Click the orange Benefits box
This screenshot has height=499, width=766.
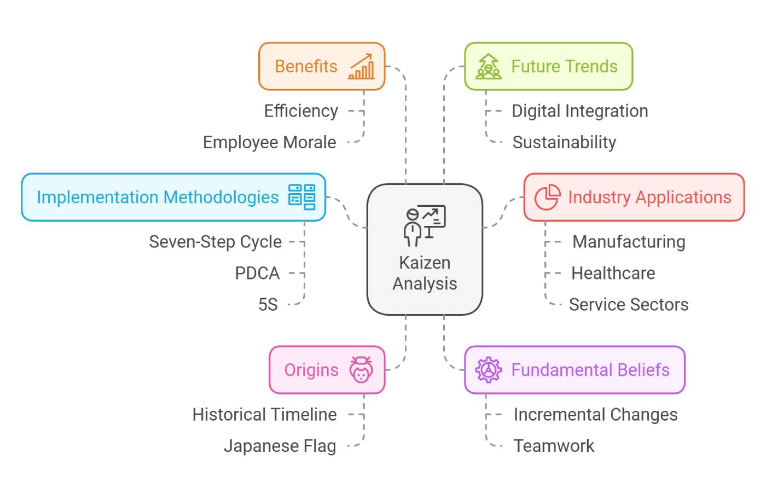(x=322, y=66)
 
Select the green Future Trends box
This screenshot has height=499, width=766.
(x=548, y=66)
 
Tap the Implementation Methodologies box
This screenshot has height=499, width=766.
(x=173, y=197)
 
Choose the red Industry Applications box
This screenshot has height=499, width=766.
(x=634, y=197)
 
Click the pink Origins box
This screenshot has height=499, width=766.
(x=327, y=370)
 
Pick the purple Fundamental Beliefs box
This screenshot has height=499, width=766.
(x=574, y=370)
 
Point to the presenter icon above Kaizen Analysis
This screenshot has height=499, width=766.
(x=425, y=225)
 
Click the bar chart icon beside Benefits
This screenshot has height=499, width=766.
(x=361, y=67)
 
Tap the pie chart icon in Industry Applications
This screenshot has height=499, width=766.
(x=547, y=197)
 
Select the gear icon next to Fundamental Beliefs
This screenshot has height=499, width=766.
(x=488, y=370)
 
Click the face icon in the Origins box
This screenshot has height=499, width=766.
(x=361, y=370)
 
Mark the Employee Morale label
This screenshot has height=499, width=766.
(x=270, y=142)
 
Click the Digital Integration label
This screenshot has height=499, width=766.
(x=579, y=111)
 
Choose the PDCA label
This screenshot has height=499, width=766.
(x=257, y=273)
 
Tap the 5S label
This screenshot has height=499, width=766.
(x=268, y=304)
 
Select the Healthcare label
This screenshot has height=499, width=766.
(x=613, y=273)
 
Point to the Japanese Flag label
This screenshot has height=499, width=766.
(x=280, y=446)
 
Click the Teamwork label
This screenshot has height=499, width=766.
(x=554, y=446)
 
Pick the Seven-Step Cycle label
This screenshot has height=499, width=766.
(x=215, y=242)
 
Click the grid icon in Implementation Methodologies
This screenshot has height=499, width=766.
(x=302, y=197)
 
